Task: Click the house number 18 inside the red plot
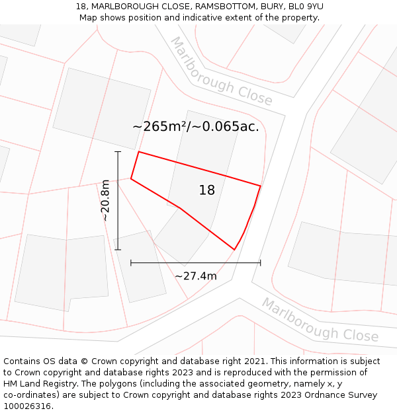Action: (207, 190)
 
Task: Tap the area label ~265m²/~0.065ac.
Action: (196, 126)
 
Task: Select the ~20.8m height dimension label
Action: (105, 201)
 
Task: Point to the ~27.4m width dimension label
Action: (196, 276)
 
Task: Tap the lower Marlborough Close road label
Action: (320, 320)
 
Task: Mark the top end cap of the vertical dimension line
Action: (118, 152)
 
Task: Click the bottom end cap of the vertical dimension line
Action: (118, 250)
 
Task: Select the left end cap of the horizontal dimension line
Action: (131, 263)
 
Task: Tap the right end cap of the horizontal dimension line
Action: (260, 263)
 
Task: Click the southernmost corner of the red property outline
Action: (234, 250)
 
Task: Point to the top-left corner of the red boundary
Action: (138, 152)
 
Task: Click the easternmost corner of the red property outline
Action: (260, 186)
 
